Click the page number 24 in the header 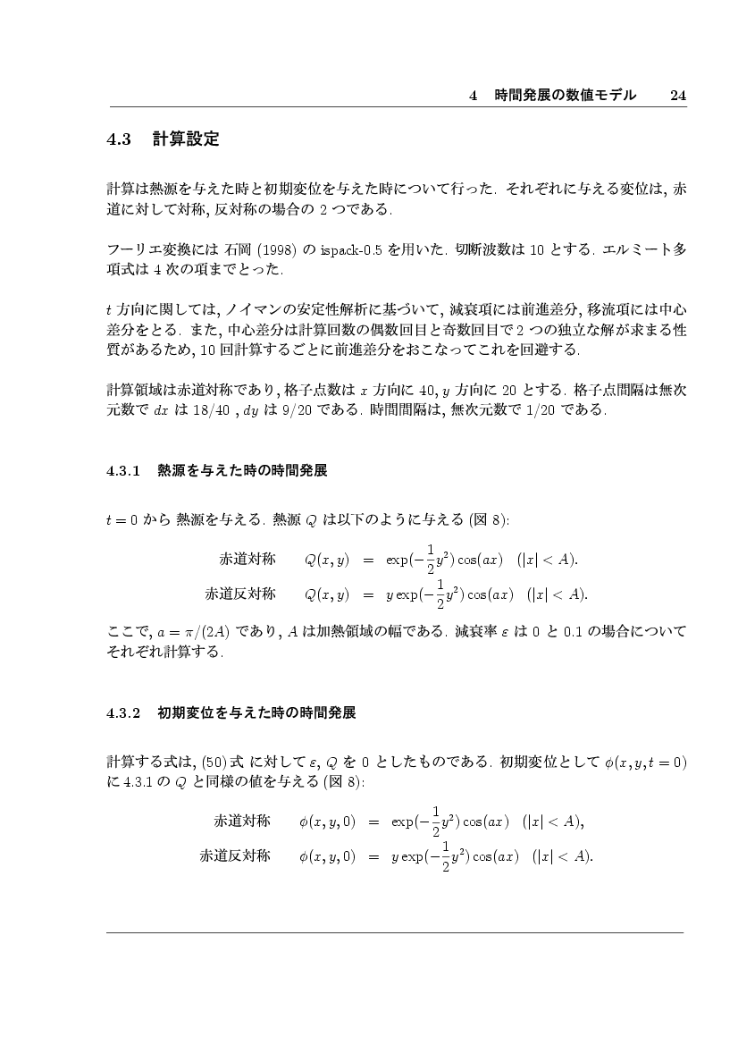677,95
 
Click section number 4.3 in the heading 119,139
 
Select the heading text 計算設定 186,139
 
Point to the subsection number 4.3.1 124,469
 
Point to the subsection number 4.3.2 124,713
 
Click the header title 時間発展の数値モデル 566,95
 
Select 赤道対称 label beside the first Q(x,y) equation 247,560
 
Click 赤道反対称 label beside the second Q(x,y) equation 240,594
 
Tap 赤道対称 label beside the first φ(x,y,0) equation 242,821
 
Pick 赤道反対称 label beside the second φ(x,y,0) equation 235,855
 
